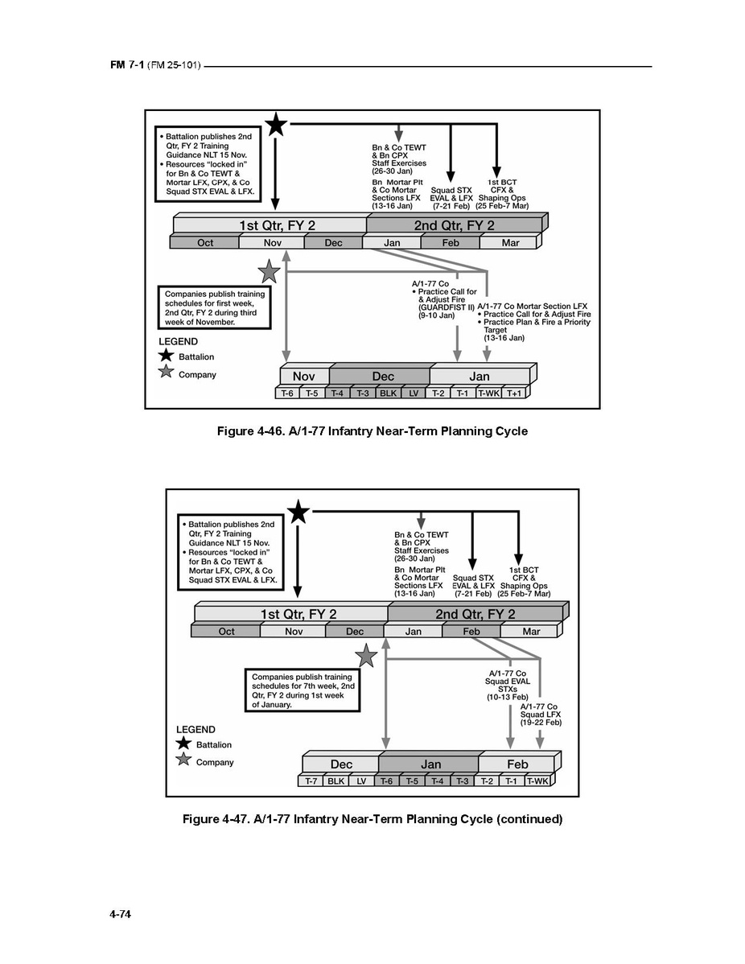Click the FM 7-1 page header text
(x=155, y=65)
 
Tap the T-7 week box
(x=309, y=781)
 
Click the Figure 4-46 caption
(x=372, y=431)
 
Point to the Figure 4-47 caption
(x=372, y=819)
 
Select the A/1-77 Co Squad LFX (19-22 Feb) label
(x=540, y=715)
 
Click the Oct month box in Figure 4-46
(x=205, y=243)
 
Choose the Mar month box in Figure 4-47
(x=532, y=632)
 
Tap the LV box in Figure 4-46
(x=414, y=393)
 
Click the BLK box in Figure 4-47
(x=335, y=781)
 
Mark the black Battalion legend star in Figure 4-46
(x=167, y=356)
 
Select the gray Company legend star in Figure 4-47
(x=184, y=761)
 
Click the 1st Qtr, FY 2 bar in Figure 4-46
(x=270, y=226)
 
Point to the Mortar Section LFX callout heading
(x=533, y=306)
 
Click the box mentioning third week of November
(x=214, y=307)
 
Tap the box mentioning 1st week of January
(x=302, y=690)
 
